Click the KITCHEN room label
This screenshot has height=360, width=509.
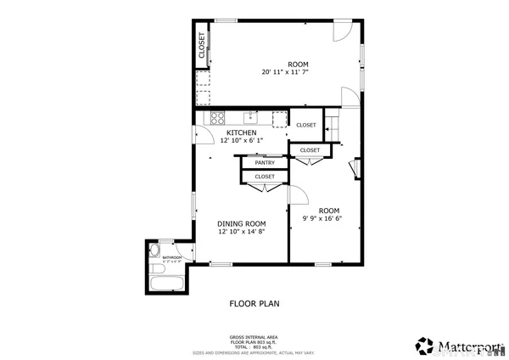tap(242, 132)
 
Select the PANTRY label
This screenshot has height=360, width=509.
tap(265, 162)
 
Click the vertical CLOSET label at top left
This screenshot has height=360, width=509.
tap(202, 44)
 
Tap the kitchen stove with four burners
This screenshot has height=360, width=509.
tap(217, 118)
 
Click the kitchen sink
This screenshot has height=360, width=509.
tap(252, 117)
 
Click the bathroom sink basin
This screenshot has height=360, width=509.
tap(155, 251)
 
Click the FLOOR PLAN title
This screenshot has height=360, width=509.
tap(255, 303)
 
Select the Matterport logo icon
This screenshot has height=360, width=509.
tap(424, 345)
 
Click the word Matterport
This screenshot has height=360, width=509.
tap(468, 346)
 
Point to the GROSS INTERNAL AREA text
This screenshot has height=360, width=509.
tap(254, 337)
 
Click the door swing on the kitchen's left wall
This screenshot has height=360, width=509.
tap(203, 136)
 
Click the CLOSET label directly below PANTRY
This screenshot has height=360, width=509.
tap(265, 177)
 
